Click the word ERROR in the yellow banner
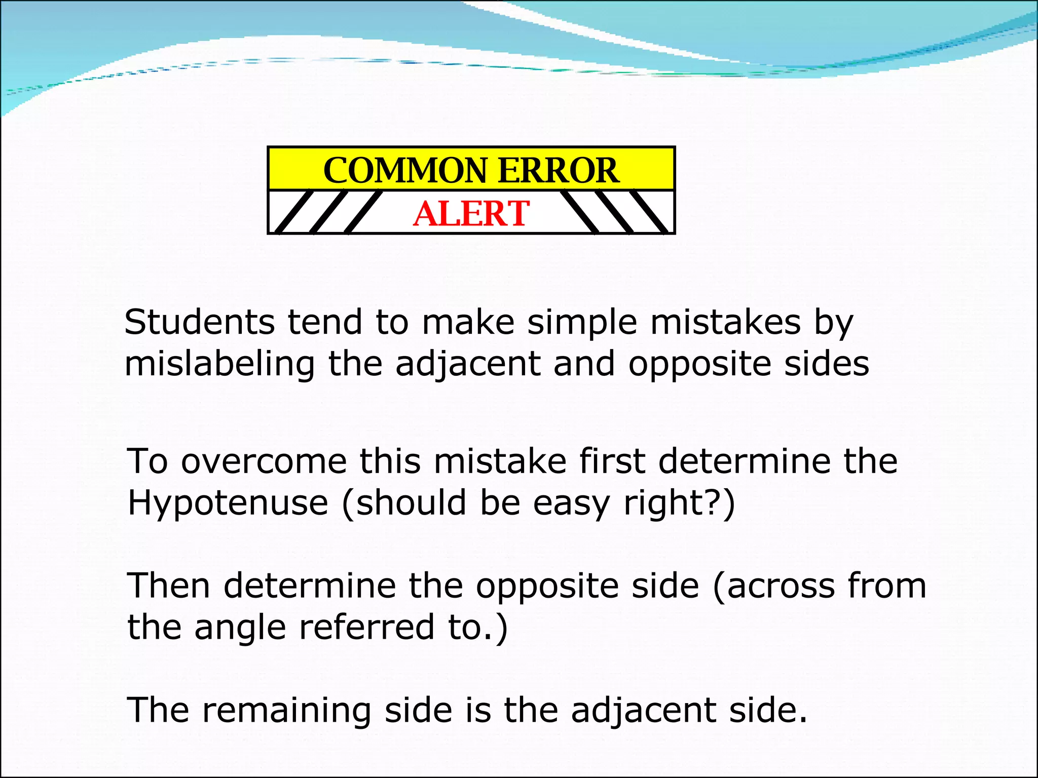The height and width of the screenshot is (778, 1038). coord(558,170)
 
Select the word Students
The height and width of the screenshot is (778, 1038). coord(200,322)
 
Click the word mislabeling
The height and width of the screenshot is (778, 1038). coord(219,365)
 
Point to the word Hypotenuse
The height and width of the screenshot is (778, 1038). coord(228,503)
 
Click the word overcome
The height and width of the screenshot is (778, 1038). coord(264,461)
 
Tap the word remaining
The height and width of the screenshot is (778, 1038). coord(286,710)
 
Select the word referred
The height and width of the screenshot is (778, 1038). coord(367,627)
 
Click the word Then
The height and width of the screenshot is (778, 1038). coord(168,586)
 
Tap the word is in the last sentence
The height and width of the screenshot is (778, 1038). coord(478,710)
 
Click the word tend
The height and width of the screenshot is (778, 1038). coord(325,322)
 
